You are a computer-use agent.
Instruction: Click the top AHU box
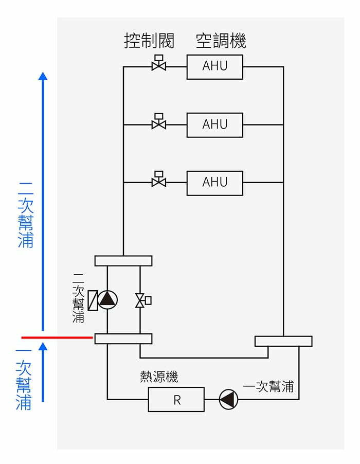[x=214, y=67]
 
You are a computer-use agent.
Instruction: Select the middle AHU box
[x=214, y=124]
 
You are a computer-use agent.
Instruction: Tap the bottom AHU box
[x=214, y=182]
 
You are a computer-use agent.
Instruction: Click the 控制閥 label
[x=149, y=40]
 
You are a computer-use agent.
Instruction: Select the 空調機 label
[x=221, y=40]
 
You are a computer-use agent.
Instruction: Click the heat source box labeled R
[x=176, y=400]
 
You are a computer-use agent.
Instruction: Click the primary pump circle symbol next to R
[x=229, y=399]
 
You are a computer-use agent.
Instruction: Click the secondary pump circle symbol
[x=107, y=300]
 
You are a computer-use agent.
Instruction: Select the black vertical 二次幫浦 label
[x=79, y=298]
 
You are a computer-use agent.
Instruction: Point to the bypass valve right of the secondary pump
[x=140, y=300]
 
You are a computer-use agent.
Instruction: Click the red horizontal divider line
[x=57, y=337]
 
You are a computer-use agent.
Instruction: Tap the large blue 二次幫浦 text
[x=26, y=214]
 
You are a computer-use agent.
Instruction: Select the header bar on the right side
[x=283, y=341]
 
